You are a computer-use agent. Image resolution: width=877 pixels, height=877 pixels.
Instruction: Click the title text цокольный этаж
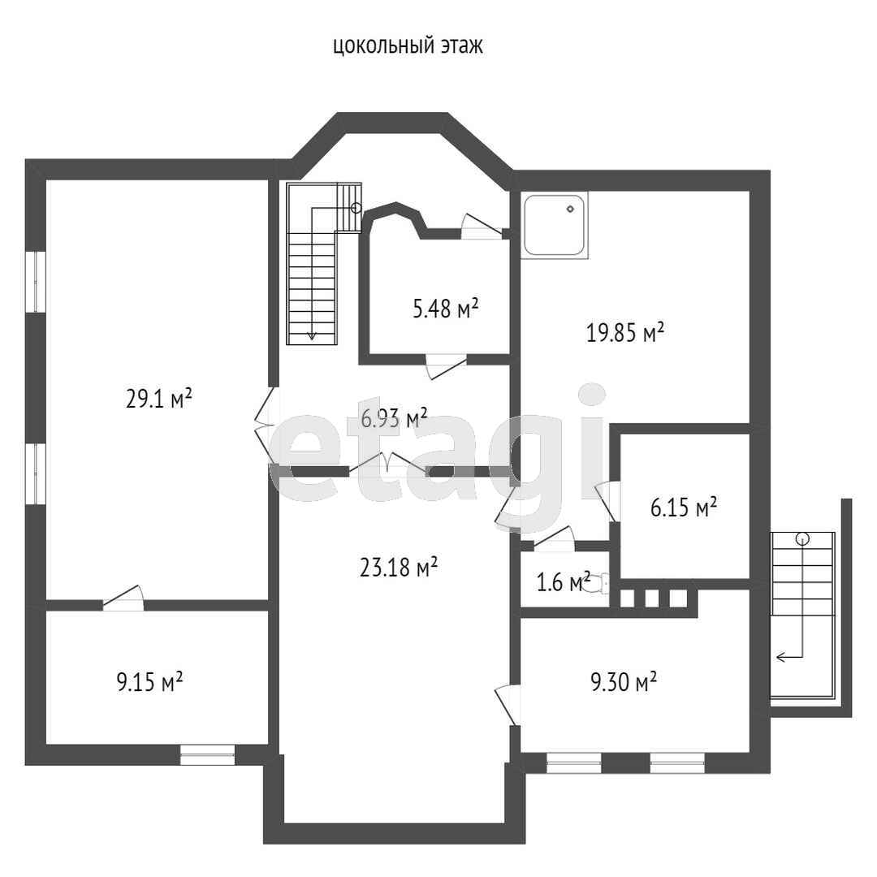coord(408,45)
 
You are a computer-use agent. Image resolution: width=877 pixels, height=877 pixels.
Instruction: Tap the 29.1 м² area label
coord(159,399)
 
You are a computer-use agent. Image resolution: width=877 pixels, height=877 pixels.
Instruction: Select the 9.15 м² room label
coord(149,682)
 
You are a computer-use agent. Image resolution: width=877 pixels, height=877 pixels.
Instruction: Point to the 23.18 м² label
coord(398,567)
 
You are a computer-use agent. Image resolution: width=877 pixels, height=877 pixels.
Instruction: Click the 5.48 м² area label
coord(445,308)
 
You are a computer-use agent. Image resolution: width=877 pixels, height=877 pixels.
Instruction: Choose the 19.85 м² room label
coord(624,333)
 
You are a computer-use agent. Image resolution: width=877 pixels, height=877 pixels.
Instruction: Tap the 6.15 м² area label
coord(684,508)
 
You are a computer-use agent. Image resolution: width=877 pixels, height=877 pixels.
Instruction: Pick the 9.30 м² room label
coord(624,682)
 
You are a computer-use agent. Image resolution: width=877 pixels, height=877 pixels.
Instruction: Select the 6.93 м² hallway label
coord(394,418)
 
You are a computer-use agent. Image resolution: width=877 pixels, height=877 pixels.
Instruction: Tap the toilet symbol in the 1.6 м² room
coord(601,583)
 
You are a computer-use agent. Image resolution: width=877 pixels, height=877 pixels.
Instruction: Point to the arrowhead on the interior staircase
coord(312,335)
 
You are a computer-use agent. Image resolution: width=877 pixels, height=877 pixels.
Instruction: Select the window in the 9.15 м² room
coord(207,754)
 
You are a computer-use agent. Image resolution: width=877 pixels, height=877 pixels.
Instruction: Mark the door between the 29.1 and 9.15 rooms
coord(123,598)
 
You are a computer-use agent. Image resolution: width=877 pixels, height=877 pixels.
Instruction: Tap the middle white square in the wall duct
coord(652,598)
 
